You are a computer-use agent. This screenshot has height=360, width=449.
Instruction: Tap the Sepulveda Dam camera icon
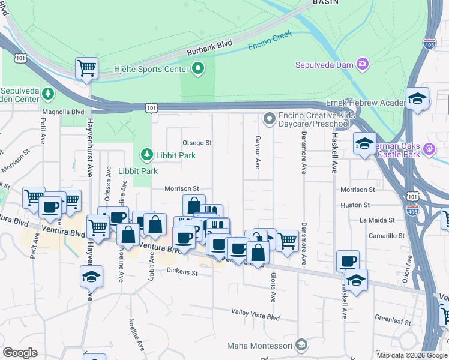[x=362, y=64]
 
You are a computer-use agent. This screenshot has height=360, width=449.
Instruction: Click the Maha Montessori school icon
[x=301, y=345]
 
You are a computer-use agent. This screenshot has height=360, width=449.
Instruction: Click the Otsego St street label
[x=197, y=143]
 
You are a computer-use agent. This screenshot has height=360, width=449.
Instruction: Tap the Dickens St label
[x=182, y=272]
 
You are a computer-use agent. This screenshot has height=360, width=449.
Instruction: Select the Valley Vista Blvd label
[x=256, y=312]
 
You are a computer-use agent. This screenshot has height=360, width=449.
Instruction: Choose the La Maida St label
[x=377, y=220]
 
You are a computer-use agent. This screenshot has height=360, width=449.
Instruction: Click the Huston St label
[x=355, y=205]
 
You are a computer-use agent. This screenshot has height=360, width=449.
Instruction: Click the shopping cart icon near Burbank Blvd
[x=87, y=68]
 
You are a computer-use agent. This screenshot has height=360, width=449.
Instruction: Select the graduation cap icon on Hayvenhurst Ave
[x=91, y=277]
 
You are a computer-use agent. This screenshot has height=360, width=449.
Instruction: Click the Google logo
[x=20, y=353]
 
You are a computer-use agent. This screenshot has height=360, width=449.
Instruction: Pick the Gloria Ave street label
[x=273, y=287]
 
